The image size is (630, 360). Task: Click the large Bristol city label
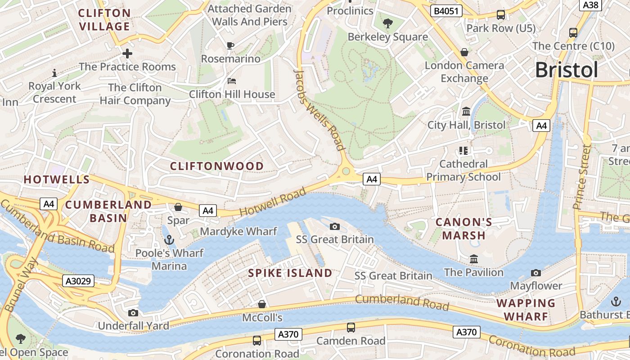pos(567,70)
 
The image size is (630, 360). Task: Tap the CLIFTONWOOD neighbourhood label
pos(217,166)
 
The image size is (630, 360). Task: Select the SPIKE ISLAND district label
pos(290,273)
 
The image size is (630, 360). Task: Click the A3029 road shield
pos(78,281)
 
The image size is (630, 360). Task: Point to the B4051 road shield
pos(446,11)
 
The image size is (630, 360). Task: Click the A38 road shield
pos(590,4)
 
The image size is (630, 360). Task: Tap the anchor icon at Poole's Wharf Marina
pos(169,239)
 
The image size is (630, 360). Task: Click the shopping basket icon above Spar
pos(178,207)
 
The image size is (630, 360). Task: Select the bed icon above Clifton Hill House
pos(231,81)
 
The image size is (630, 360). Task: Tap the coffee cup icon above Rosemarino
pos(230,45)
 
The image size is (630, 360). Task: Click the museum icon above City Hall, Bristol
pos(466,111)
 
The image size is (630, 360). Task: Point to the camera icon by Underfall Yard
pos(133,313)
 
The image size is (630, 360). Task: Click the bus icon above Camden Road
pos(351,328)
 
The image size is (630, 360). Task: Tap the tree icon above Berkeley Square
pos(387,23)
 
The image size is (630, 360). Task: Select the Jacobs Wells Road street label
pos(319,110)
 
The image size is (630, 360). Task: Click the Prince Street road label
pos(581,177)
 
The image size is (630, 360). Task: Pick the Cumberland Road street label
pos(402,302)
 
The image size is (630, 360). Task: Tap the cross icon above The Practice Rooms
pos(127,54)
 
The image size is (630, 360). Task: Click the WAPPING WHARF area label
pos(526,310)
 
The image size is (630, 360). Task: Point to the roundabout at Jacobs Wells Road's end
pos(346,171)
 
